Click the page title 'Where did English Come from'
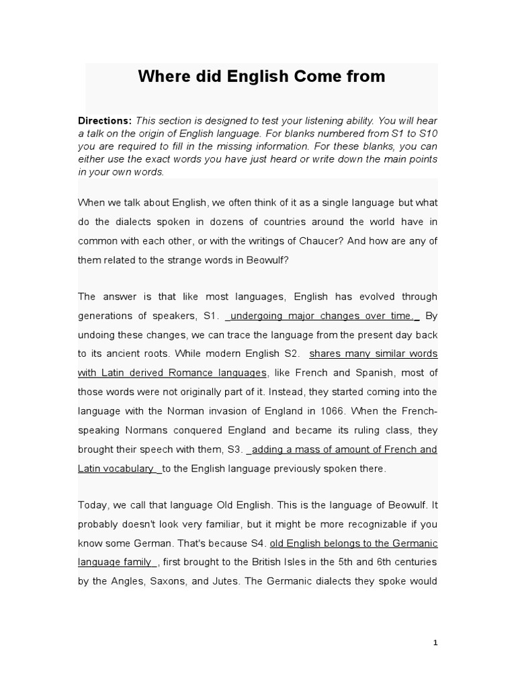click(x=261, y=77)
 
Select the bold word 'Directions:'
click(x=105, y=121)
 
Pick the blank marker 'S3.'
click(x=235, y=449)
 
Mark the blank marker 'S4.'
click(x=257, y=542)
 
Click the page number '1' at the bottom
click(x=435, y=643)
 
